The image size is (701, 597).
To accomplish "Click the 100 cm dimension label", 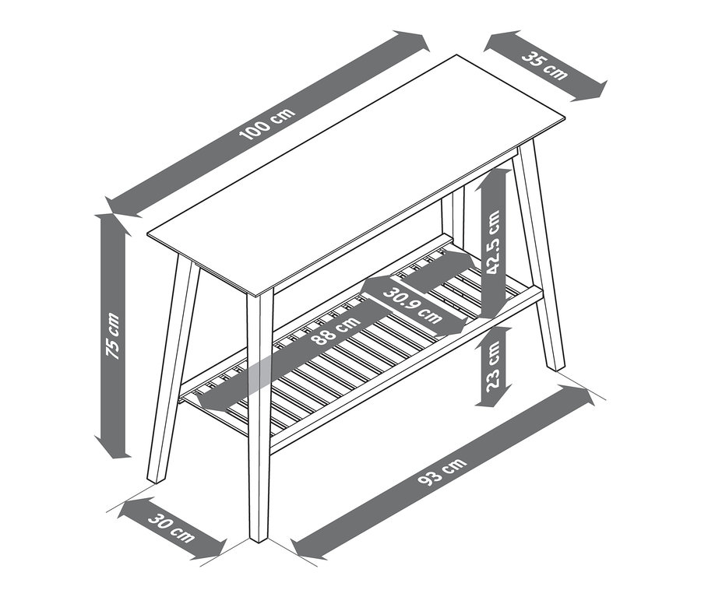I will click(268, 124).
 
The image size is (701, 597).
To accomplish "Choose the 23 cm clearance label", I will click(492, 367).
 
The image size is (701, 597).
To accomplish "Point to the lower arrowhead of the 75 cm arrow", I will click(113, 450).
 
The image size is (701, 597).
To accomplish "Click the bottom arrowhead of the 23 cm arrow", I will click(492, 401).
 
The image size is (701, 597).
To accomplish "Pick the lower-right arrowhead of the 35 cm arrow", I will click(595, 92).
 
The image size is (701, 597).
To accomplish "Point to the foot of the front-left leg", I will click(153, 478).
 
